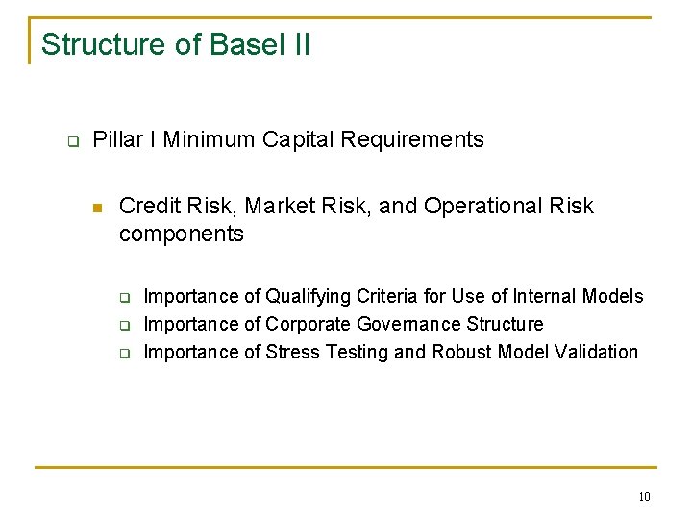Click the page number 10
(x=643, y=496)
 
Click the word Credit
(x=147, y=206)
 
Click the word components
(x=182, y=234)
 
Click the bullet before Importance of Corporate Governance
(x=124, y=325)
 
